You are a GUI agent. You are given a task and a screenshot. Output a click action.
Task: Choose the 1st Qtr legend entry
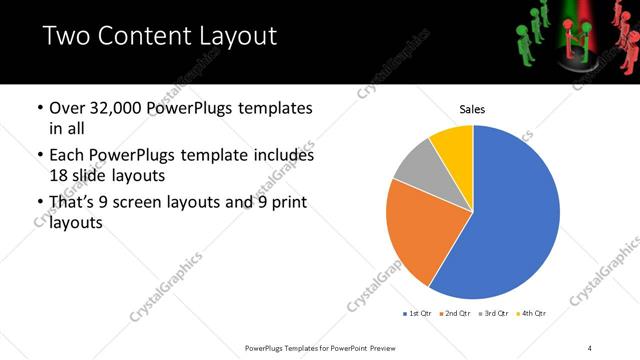coord(418,313)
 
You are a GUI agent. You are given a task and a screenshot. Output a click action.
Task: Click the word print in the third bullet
coord(286,203)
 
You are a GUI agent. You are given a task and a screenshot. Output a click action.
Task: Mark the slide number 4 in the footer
coord(590,347)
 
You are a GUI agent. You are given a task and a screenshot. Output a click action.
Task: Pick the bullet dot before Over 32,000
coord(38,108)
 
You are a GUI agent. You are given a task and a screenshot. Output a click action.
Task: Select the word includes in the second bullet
coord(283,155)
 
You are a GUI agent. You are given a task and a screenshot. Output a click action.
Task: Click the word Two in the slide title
coord(64,37)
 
